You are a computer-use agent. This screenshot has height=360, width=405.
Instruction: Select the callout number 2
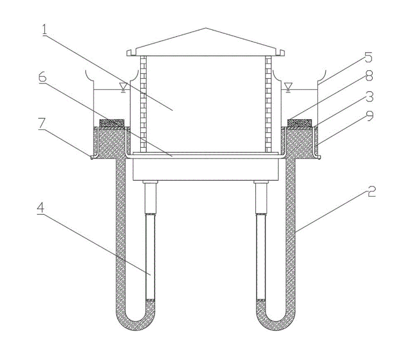click(371, 191)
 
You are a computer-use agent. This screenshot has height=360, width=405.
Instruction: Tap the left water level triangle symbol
click(122, 87)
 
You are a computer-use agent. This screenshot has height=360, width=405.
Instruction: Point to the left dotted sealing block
click(112, 123)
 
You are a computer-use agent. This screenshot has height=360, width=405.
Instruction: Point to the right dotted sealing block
click(299, 123)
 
